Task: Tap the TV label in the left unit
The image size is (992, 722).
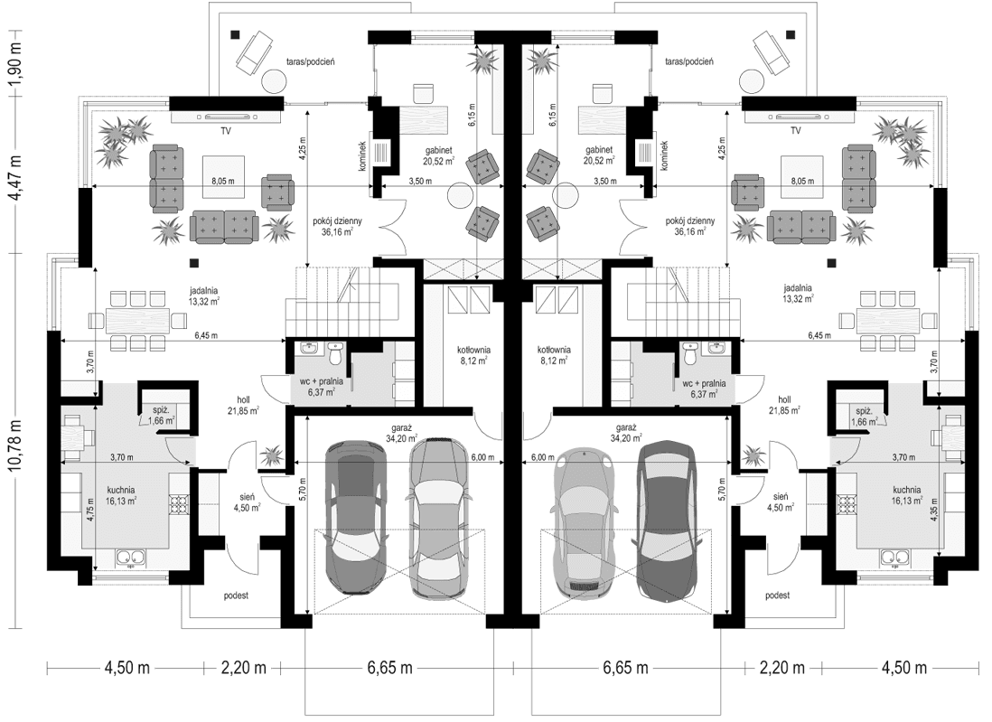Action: tap(225, 130)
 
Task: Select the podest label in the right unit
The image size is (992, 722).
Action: tap(777, 595)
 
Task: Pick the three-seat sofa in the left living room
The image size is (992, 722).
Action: tap(224, 227)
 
